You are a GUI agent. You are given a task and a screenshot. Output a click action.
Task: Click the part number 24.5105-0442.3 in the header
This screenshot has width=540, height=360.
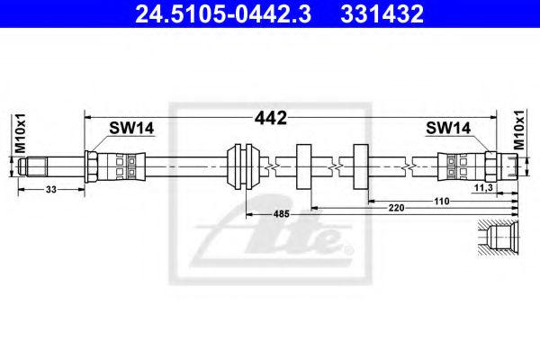[x=223, y=13]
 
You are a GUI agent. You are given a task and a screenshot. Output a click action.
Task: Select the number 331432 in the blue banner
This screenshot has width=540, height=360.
[x=382, y=13]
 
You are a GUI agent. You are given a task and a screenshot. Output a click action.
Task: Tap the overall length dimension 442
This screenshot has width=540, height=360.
[x=270, y=118]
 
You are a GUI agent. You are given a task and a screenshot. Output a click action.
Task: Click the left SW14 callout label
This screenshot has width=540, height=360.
[x=131, y=128]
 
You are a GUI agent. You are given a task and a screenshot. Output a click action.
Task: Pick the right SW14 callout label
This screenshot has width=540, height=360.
[x=448, y=128]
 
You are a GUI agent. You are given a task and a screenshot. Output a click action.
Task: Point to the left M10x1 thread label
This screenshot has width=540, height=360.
[x=20, y=133]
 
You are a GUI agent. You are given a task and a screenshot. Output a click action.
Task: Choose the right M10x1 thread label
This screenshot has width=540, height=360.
[x=518, y=130]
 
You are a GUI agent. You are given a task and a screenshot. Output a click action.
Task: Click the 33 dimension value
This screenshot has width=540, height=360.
[x=51, y=190]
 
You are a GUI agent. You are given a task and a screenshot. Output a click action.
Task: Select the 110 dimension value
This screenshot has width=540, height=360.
[x=442, y=201]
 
